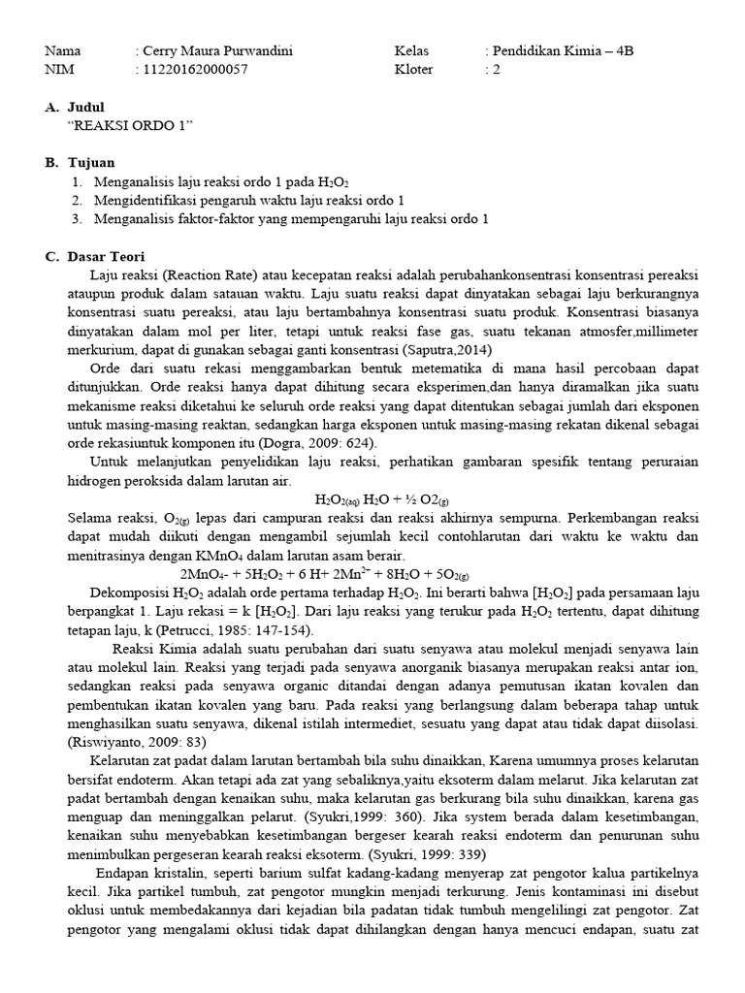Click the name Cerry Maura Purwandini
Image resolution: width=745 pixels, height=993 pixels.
tap(217, 51)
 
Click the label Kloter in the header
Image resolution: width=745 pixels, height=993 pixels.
tap(414, 70)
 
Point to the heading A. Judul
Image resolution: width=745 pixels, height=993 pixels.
tap(75, 108)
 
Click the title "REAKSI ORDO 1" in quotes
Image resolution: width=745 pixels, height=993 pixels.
tap(131, 126)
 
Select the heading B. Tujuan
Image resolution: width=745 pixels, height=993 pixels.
tap(80, 163)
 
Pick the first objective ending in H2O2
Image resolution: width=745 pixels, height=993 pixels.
tap(221, 182)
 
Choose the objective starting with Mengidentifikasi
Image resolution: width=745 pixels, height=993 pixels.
tap(249, 201)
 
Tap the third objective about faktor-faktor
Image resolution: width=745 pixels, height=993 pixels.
tap(291, 219)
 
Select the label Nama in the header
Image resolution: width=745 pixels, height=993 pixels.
tap(63, 51)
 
